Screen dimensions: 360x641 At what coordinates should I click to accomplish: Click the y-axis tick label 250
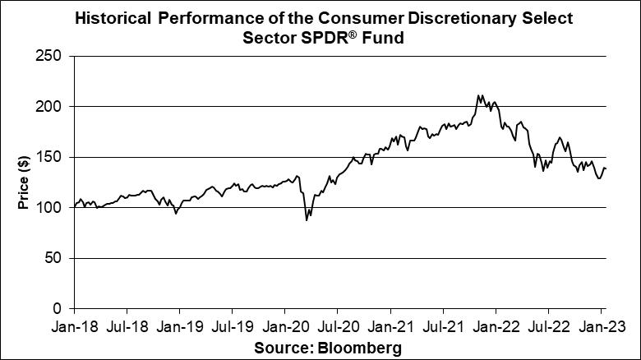(51, 56)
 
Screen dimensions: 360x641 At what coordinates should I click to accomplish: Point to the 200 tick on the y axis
(51, 107)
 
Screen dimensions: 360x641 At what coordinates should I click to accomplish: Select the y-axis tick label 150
(51, 157)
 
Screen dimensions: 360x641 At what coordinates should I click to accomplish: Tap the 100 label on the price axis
(51, 208)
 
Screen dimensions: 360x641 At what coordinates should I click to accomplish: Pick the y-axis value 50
(54, 258)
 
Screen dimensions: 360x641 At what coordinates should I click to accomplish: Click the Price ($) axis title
(24, 182)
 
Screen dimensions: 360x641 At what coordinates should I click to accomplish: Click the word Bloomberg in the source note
(361, 348)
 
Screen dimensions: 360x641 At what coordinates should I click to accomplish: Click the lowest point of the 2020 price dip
(307, 219)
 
